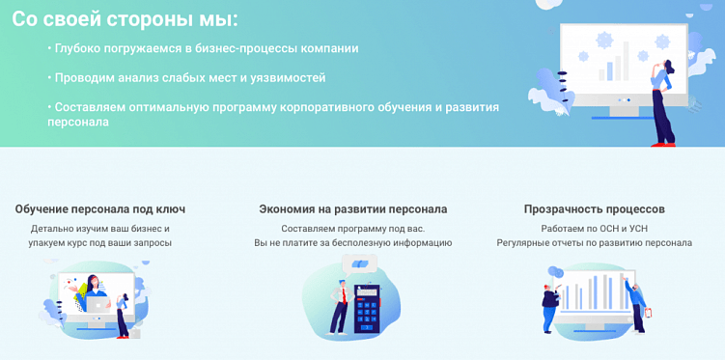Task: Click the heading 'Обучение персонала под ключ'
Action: pyautogui.click(x=100, y=208)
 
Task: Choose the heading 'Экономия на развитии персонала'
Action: pyautogui.click(x=353, y=208)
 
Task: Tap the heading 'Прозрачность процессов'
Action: pyautogui.click(x=594, y=208)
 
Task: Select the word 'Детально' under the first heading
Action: pyautogui.click(x=53, y=229)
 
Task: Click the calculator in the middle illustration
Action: pyautogui.click(x=367, y=307)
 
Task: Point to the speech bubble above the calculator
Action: pyautogui.click(x=359, y=263)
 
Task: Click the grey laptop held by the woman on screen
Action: pyautogui.click(x=98, y=304)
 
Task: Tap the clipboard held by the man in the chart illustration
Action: pyautogui.click(x=648, y=312)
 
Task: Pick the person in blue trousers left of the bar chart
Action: pyautogui.click(x=549, y=304)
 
